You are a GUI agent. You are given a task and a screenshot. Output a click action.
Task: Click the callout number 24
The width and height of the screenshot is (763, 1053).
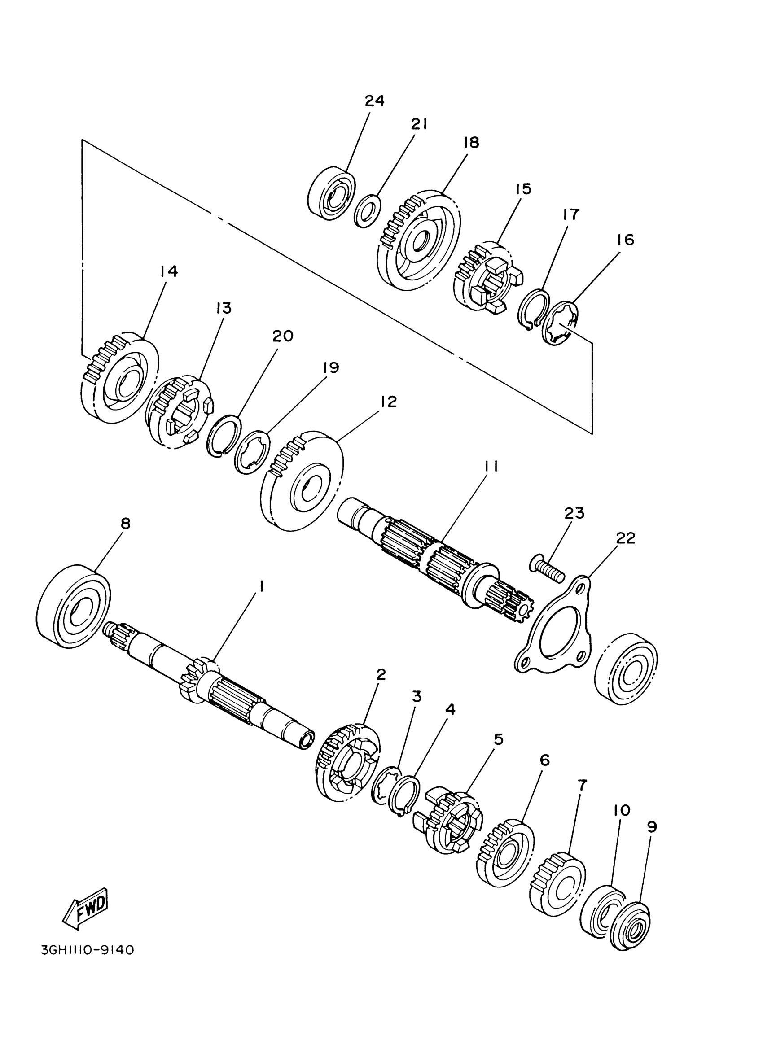[x=374, y=101]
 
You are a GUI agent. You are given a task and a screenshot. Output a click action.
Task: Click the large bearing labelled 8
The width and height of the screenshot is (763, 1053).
[x=73, y=605]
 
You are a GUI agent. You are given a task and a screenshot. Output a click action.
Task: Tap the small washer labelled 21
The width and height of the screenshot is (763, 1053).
[x=367, y=211]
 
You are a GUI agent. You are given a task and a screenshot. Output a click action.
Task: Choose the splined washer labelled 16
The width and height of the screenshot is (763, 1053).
[x=561, y=323]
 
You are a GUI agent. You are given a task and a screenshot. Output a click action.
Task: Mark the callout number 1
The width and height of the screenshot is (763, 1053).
[x=262, y=587]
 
